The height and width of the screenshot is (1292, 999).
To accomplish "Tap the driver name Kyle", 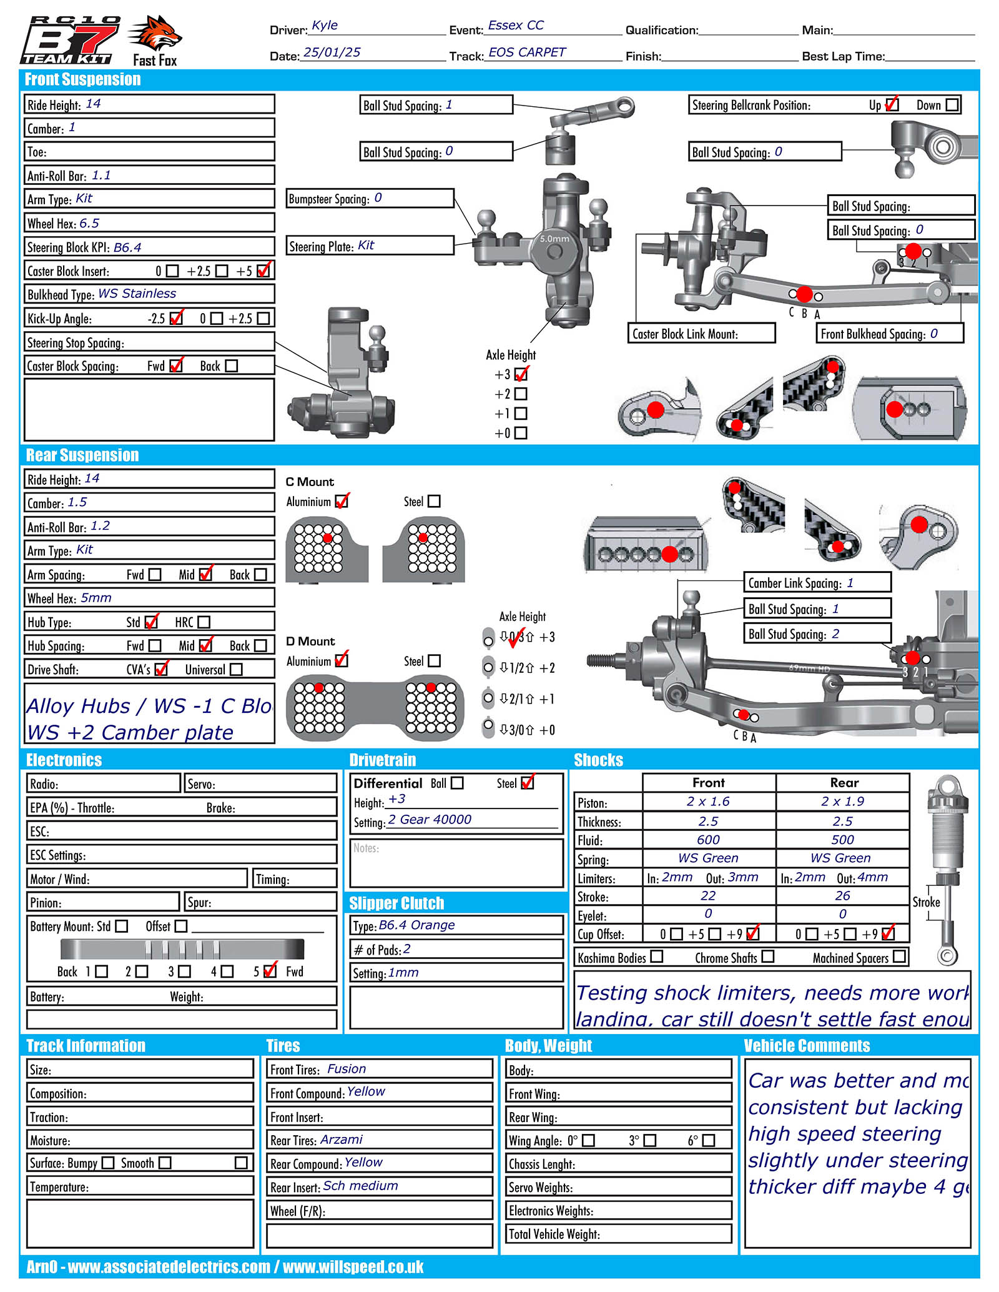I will click(x=325, y=26).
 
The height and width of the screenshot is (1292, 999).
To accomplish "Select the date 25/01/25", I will click(x=332, y=52).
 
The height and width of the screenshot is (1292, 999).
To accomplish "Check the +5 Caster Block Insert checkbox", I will click(x=263, y=271).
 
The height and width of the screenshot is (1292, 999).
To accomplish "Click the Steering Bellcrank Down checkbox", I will click(x=952, y=105).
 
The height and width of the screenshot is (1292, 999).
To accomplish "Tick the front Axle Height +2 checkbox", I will click(x=521, y=394).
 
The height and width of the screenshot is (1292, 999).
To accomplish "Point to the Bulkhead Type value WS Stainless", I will click(x=137, y=294).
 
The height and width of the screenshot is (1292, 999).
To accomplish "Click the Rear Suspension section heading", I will click(x=82, y=455).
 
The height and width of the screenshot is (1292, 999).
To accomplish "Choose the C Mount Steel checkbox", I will click(x=434, y=501).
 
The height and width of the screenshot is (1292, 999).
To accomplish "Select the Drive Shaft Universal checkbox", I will click(x=236, y=669).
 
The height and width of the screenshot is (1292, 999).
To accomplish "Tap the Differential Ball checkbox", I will click(x=457, y=783).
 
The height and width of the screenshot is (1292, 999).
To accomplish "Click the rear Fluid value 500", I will click(x=842, y=840).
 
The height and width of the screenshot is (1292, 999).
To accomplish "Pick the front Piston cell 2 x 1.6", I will click(x=708, y=802).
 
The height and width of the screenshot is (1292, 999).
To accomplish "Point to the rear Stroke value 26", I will click(x=842, y=896).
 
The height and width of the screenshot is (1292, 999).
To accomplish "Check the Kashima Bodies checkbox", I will click(x=656, y=957).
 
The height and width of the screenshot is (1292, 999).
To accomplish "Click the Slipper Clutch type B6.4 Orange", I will click(x=416, y=925).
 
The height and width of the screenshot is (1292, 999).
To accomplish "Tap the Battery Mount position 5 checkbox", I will click(x=270, y=971).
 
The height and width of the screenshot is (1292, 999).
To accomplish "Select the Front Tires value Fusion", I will click(x=347, y=1069).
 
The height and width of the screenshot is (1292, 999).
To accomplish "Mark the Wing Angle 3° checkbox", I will click(x=650, y=1140).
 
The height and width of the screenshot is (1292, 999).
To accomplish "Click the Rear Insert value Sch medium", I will click(x=360, y=1186).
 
